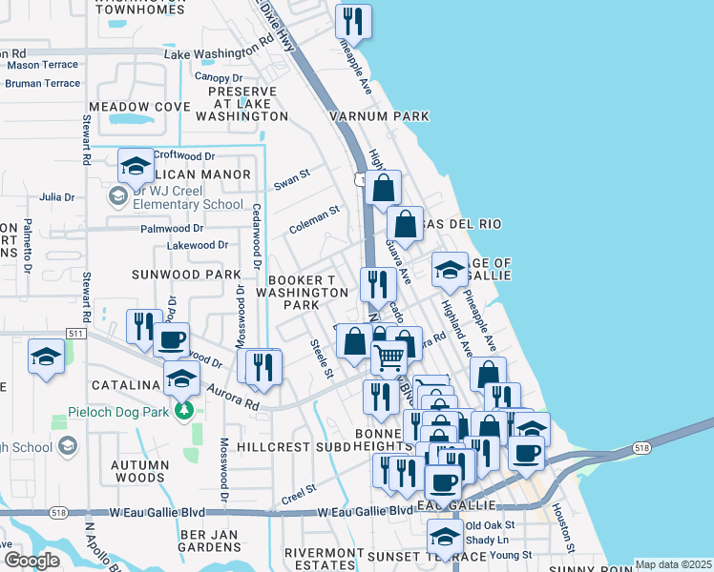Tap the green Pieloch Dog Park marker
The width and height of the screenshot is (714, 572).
pyautogui.click(x=183, y=412)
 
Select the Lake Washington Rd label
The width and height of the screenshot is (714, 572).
pyautogui.click(x=219, y=53)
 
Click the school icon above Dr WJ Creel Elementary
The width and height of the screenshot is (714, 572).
pyautogui.click(x=136, y=166)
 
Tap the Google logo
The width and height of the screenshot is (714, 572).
pyautogui.click(x=31, y=560)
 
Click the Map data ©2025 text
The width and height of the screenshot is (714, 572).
pyautogui.click(x=672, y=564)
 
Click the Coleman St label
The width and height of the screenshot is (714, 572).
pyautogui.click(x=314, y=225)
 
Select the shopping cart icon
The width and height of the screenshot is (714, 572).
pyautogui.click(x=388, y=357)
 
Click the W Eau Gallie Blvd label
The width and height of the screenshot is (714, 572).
pyautogui.click(x=157, y=512)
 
